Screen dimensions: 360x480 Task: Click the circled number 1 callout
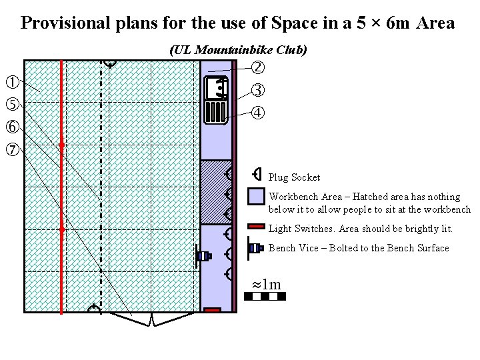coord(11,83)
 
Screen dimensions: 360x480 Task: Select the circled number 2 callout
coord(258,67)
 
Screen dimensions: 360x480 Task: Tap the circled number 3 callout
coord(258,90)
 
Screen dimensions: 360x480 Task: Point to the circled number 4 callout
coord(258,112)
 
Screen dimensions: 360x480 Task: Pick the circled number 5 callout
coord(11,104)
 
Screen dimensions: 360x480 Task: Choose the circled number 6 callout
coord(11,127)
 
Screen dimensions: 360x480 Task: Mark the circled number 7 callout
coord(11,149)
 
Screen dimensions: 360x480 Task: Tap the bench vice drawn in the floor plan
coord(203,255)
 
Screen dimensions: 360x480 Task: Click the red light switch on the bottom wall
coord(212,310)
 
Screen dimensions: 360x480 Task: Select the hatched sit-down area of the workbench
coord(216,193)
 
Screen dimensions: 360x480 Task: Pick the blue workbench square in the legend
coord(256,197)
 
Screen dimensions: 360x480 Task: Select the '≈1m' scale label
coord(266,285)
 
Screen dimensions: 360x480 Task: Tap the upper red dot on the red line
coord(61,144)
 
